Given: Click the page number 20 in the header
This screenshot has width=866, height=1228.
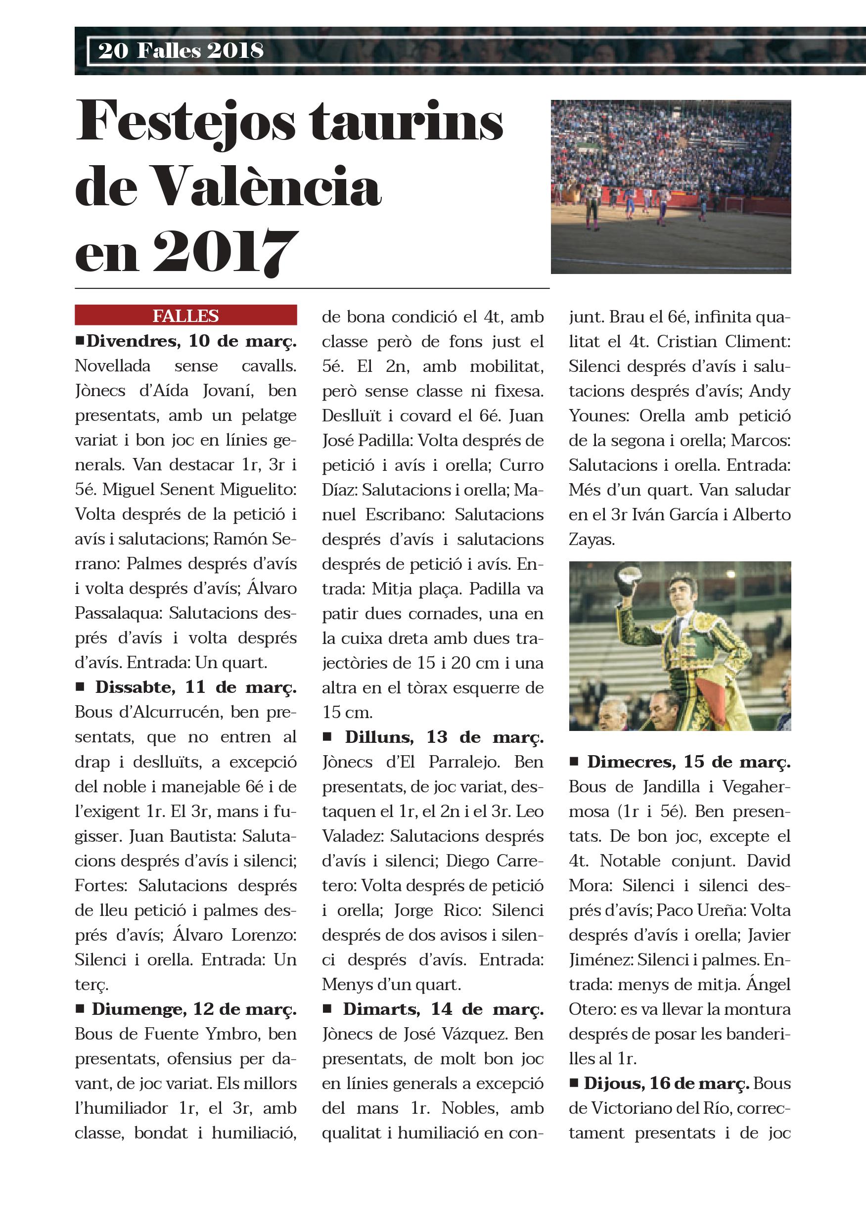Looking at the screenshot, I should coord(113,51).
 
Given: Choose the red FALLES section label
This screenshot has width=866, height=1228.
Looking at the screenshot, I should coord(185,316).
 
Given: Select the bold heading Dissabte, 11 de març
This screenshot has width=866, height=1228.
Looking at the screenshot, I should coord(196,687).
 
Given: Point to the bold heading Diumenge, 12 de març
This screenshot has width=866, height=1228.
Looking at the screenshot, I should coord(194,1009).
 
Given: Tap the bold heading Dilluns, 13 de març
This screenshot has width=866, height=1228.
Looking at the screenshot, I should coord(444,737).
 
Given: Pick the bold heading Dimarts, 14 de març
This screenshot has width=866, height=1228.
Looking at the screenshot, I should coord(443,1009).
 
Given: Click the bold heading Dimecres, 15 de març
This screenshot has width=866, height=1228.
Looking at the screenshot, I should coord(688,762).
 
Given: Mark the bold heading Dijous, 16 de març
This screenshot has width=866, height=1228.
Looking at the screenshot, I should coord(667,1084).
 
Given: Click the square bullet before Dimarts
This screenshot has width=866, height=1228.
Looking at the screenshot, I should coord(327,1009).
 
